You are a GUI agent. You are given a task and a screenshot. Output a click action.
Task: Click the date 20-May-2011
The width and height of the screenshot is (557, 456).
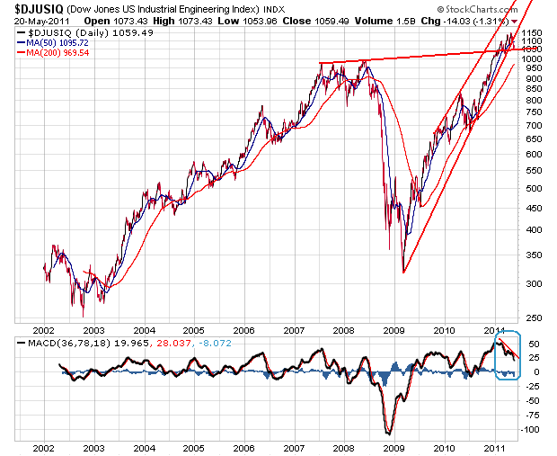point(27,20)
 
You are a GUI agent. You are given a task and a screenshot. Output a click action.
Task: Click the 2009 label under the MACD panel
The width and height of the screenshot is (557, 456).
point(393,446)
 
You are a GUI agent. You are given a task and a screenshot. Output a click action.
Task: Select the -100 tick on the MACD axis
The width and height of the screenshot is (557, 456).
point(534,430)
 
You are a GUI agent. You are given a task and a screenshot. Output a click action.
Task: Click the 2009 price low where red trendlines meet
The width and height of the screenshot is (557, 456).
point(403,273)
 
